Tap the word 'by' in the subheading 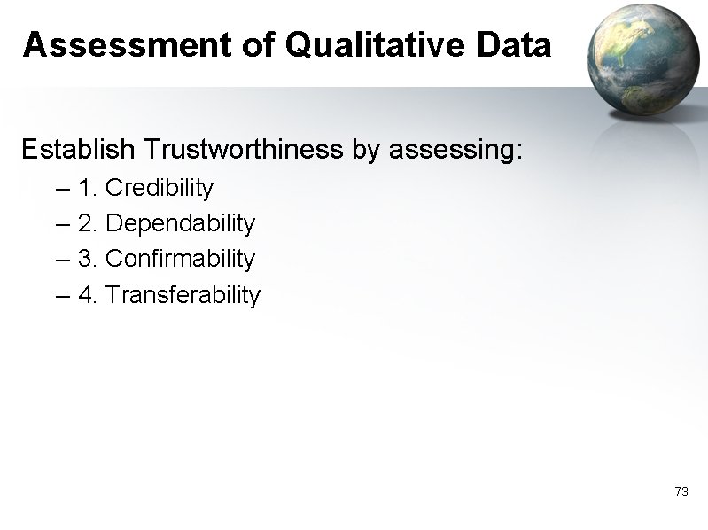click(x=365, y=150)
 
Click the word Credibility click(x=159, y=188)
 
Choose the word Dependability click(x=180, y=223)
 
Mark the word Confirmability click(x=180, y=259)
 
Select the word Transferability click(x=183, y=294)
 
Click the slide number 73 click(x=681, y=492)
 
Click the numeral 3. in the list click(x=89, y=259)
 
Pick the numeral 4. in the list click(x=89, y=294)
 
